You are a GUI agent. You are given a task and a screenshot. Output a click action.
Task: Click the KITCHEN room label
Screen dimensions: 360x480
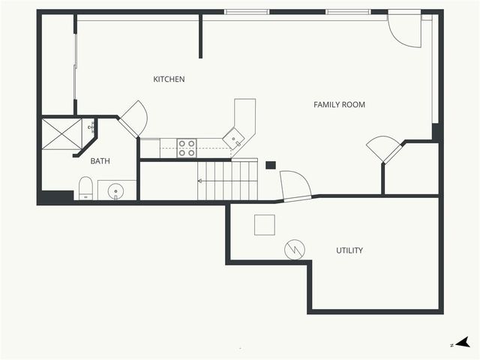pyautogui.click(x=169, y=79)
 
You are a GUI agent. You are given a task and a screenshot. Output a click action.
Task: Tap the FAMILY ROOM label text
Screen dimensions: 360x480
pyautogui.click(x=339, y=105)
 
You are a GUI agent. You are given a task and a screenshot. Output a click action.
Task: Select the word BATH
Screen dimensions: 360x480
pyautogui.click(x=100, y=161)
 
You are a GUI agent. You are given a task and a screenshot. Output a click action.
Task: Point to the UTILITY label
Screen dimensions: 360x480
pyautogui.click(x=349, y=250)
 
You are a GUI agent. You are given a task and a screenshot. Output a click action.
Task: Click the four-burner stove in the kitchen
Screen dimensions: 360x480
pyautogui.click(x=187, y=148)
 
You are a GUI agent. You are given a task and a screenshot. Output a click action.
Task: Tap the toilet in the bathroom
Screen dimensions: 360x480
pyautogui.click(x=85, y=188)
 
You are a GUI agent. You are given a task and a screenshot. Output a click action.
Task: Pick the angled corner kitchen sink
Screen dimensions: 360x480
pyautogui.click(x=235, y=137)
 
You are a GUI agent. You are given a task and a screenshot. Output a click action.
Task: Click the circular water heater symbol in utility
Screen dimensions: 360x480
pyautogui.click(x=294, y=249)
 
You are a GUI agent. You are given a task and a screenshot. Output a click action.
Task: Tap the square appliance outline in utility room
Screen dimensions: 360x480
pyautogui.click(x=265, y=224)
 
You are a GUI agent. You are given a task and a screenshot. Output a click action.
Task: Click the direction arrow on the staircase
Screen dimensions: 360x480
pyautogui.click(x=201, y=181)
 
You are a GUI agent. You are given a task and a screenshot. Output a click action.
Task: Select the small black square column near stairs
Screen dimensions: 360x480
pyautogui.click(x=271, y=165)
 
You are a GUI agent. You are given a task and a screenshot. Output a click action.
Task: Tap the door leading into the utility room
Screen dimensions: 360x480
pyautogui.click(x=295, y=185)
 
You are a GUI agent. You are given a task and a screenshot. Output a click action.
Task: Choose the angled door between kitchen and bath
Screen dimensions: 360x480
pyautogui.click(x=133, y=118)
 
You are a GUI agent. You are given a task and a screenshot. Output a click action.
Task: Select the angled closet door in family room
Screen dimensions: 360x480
pyautogui.click(x=384, y=148)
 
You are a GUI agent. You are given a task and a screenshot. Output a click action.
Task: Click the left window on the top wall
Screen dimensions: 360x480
pyautogui.click(x=247, y=12)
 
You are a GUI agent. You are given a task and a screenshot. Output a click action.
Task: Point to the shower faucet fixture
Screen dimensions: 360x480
pyautogui.click(x=93, y=127)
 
